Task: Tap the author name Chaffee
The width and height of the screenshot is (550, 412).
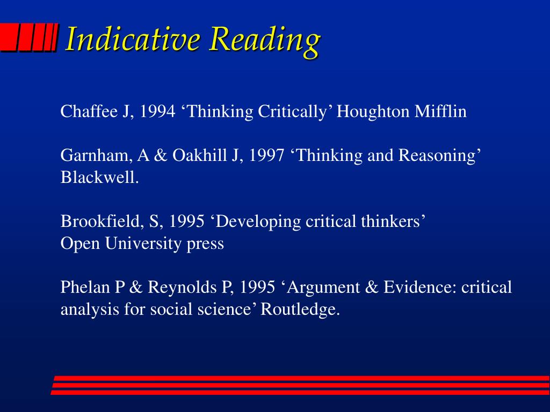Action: point(89,111)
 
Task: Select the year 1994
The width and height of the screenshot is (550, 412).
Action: point(157,112)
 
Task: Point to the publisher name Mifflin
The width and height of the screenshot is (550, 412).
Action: point(440,111)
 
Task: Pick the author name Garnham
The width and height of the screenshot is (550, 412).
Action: point(97,155)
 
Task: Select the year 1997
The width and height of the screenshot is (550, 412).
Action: point(266,155)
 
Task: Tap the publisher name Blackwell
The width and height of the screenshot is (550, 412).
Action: point(99,177)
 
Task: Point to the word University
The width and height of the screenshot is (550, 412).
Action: point(143,244)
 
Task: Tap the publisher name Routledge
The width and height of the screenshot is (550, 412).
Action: point(300,310)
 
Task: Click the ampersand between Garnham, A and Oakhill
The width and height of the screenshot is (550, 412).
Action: point(161,155)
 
